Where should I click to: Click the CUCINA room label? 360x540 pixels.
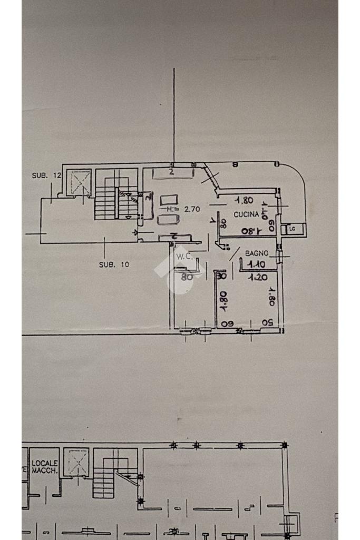247,214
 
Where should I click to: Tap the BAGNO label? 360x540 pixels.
257,254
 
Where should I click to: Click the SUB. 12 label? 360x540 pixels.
47,175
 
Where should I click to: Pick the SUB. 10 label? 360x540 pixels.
114,264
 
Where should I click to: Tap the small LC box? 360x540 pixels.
291,229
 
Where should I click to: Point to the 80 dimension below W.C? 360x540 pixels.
187,275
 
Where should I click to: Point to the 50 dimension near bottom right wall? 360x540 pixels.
268,322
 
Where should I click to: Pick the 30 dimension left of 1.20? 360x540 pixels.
221,276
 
